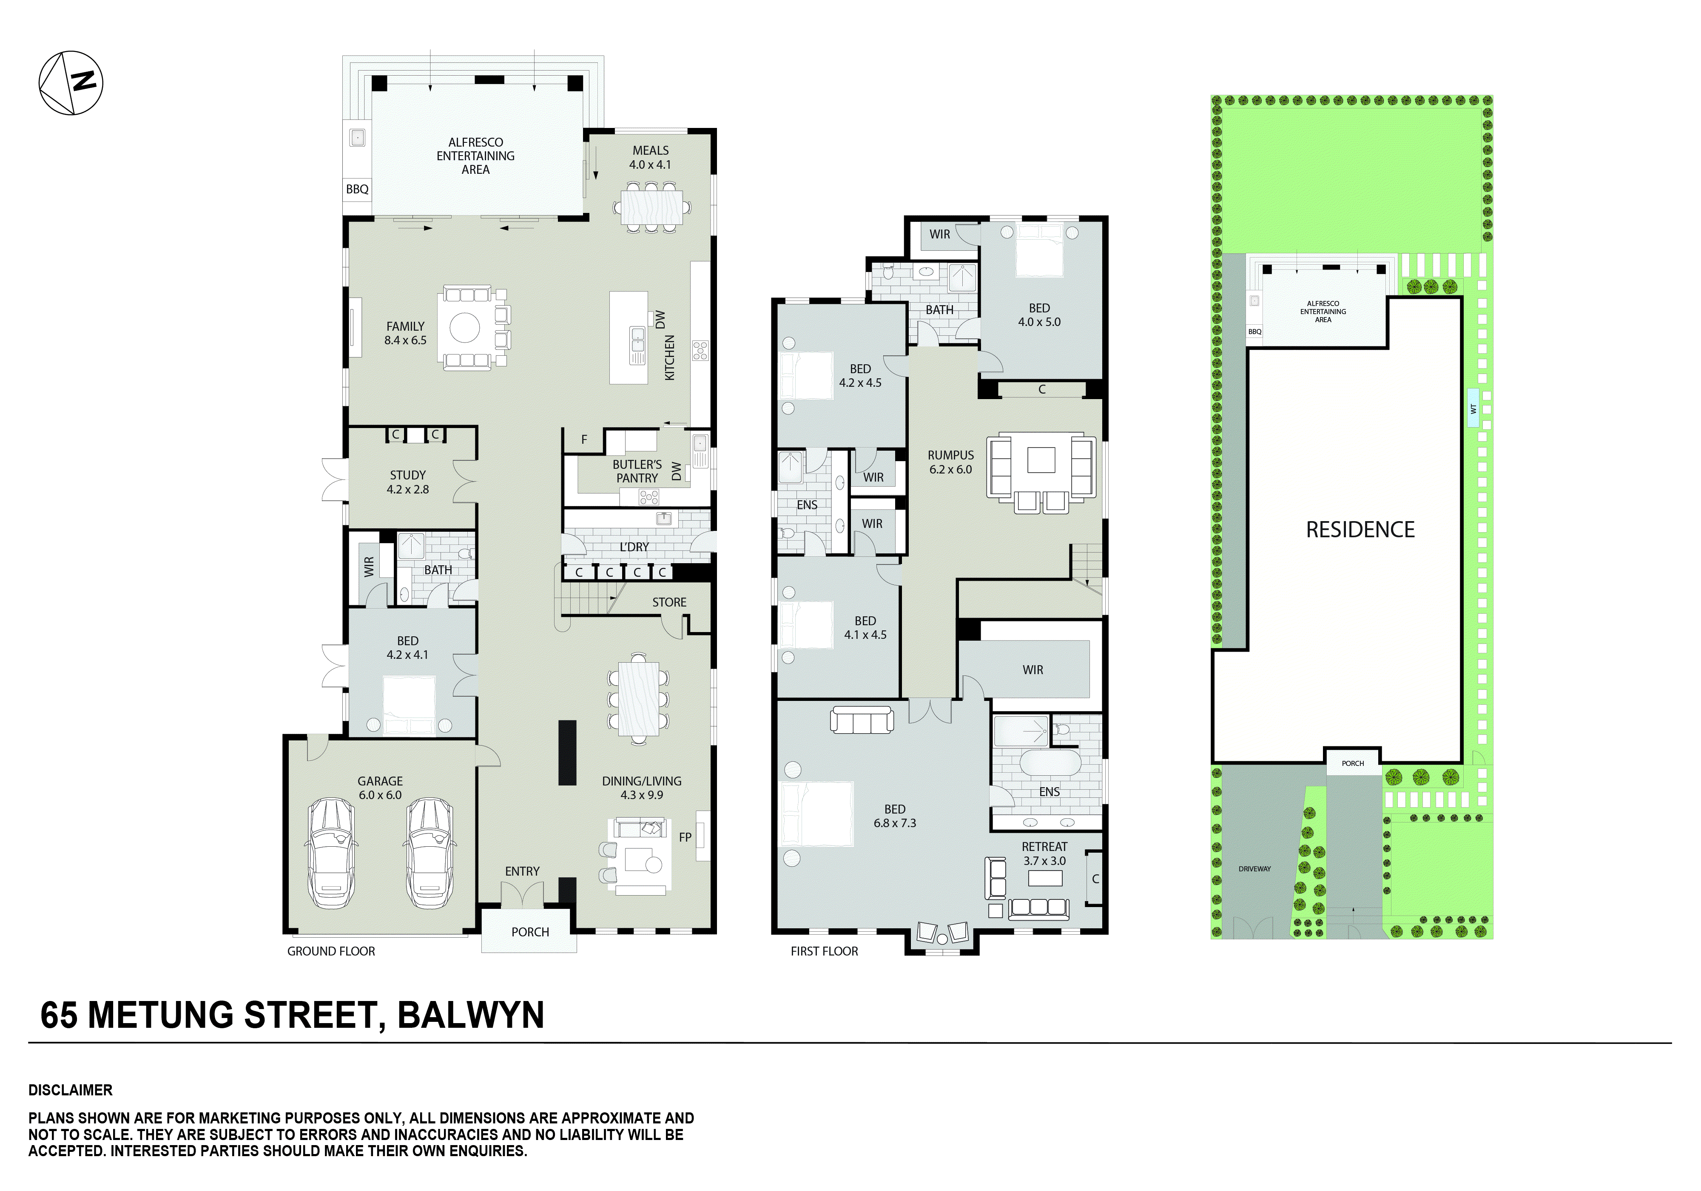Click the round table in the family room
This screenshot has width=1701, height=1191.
click(x=464, y=327)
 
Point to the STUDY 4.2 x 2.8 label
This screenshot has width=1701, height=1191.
click(x=407, y=482)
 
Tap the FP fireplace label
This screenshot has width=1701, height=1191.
click(x=685, y=837)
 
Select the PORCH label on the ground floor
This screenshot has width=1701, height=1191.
click(x=530, y=932)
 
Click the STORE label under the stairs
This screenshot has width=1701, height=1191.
click(x=669, y=602)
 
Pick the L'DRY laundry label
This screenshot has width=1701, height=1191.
click(x=634, y=547)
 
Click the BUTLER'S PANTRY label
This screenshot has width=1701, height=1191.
click(x=637, y=471)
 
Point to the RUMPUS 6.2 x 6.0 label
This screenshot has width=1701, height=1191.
click(x=950, y=462)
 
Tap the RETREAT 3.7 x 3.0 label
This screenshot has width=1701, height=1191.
click(x=1044, y=853)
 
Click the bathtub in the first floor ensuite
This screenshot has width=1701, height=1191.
click(x=1050, y=761)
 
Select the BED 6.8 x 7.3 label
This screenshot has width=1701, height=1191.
click(x=895, y=816)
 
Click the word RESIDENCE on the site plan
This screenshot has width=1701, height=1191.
click(x=1360, y=530)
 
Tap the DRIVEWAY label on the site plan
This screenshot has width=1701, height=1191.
click(x=1254, y=869)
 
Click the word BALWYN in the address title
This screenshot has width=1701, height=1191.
click(x=471, y=1015)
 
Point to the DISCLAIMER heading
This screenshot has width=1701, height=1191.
click(x=71, y=1090)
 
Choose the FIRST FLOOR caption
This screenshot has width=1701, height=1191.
click(x=824, y=951)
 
